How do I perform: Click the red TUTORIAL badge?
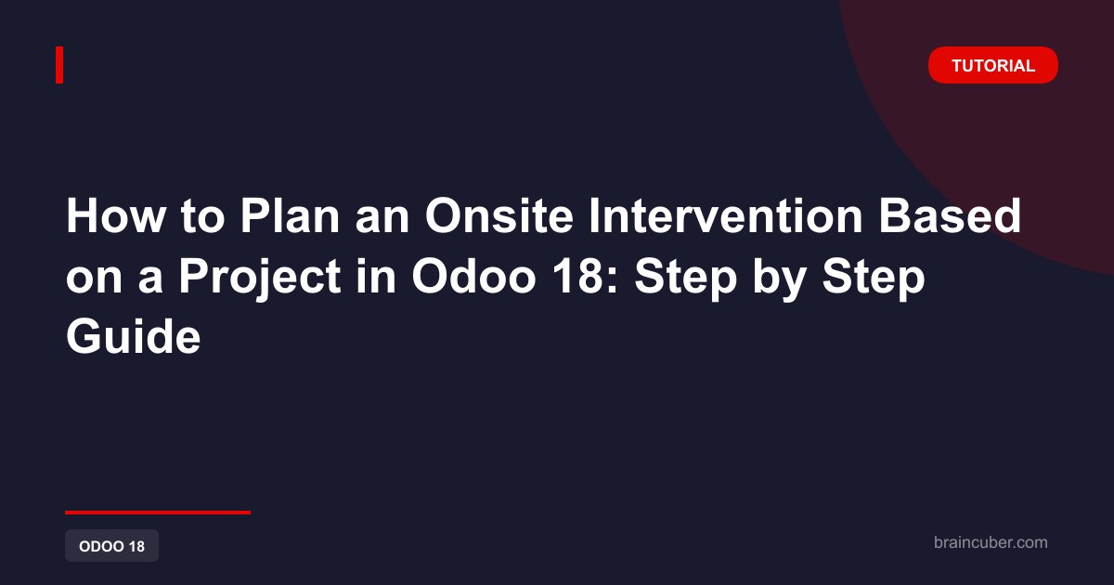(992, 65)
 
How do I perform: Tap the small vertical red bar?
(59, 65)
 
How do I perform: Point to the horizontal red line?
(158, 513)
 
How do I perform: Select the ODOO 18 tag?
(112, 546)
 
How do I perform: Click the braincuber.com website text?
(991, 542)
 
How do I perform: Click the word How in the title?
(116, 215)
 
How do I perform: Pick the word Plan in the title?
(290, 215)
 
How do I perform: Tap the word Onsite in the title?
(499, 215)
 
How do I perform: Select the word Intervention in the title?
(726, 215)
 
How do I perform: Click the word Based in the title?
(950, 215)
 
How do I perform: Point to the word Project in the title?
(260, 278)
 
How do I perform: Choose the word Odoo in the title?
(473, 277)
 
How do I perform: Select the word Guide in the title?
(134, 337)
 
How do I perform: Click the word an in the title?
(382, 221)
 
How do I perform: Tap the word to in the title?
(203, 217)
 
